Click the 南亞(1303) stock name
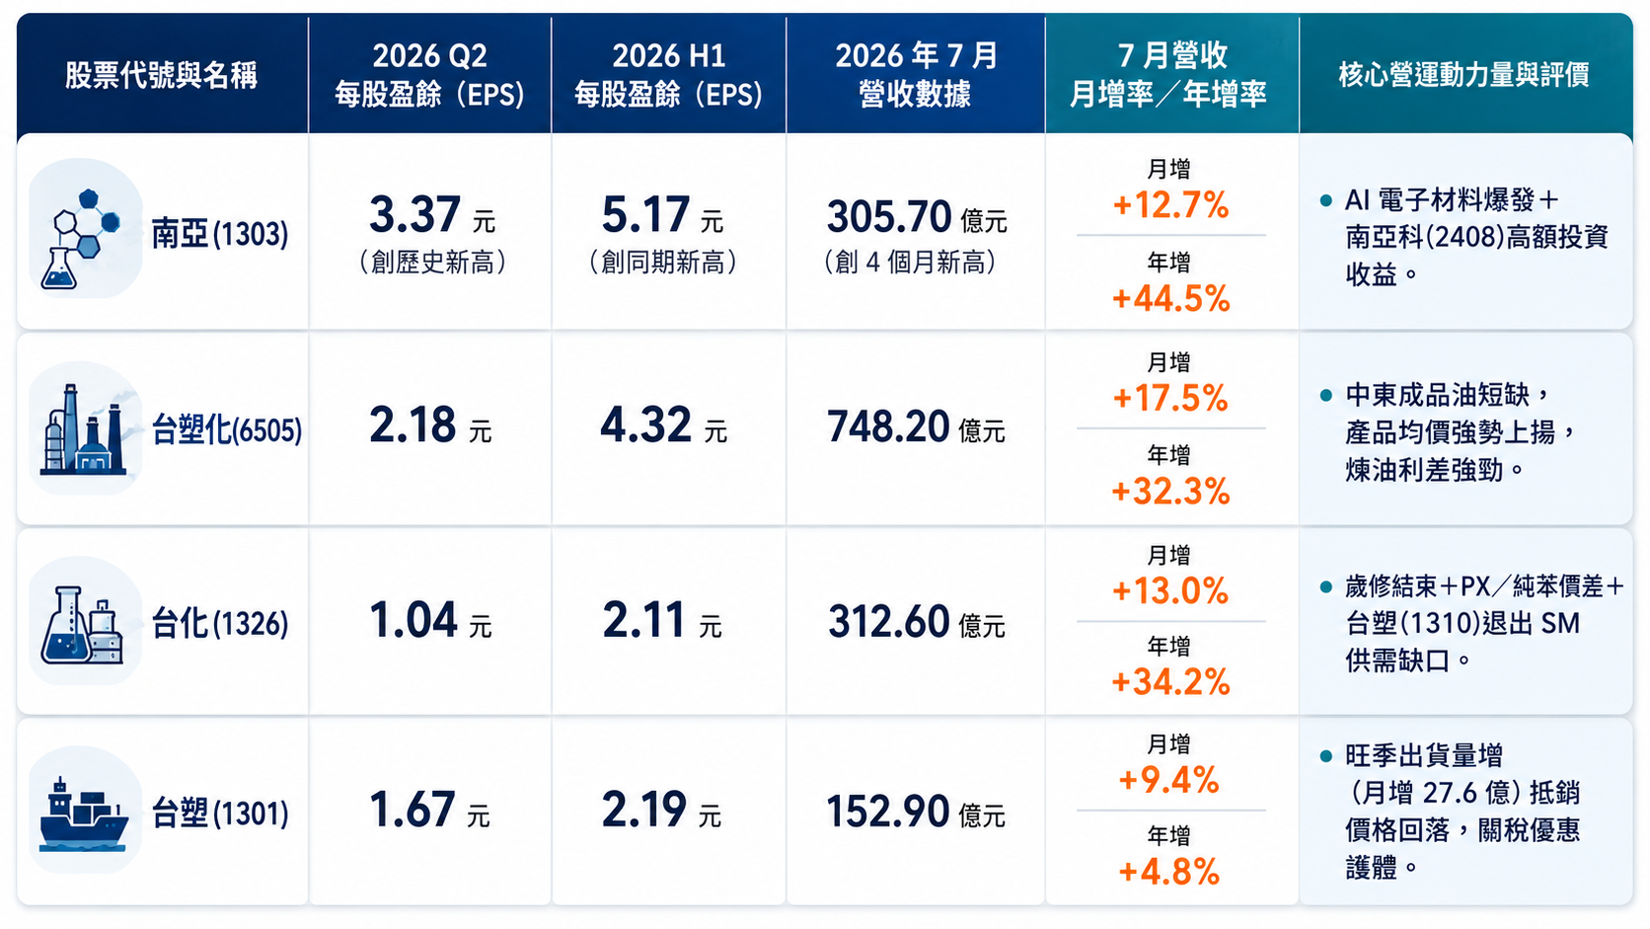(219, 234)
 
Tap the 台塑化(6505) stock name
(226, 429)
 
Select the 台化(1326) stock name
(219, 623)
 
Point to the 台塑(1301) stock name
(219, 813)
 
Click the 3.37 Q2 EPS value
(415, 214)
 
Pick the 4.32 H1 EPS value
(646, 425)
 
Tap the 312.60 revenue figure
(889, 621)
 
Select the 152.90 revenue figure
(887, 812)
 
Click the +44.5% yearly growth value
(1171, 298)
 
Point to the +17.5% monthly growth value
(1170, 398)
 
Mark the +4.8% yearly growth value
(1169, 872)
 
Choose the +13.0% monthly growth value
(1170, 590)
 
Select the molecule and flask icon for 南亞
(80, 238)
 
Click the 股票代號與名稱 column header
(161, 75)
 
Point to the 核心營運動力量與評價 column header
(1463, 74)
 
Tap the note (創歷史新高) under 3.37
(432, 263)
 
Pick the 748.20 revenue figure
(888, 426)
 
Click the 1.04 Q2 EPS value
(413, 620)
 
